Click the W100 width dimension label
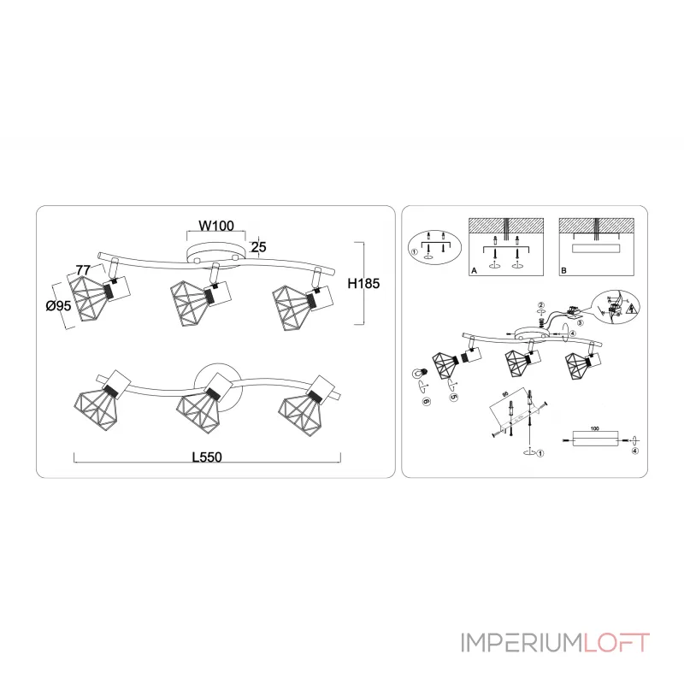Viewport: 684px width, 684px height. point(216,227)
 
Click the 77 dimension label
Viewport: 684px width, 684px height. point(83,270)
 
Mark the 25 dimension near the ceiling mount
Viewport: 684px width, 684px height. point(259,247)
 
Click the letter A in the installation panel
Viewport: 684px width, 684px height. point(474,270)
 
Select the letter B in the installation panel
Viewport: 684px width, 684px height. point(562,270)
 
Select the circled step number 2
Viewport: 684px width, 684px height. point(540,306)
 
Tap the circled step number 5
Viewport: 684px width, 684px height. point(454,398)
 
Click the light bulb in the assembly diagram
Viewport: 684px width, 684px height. point(419,372)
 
